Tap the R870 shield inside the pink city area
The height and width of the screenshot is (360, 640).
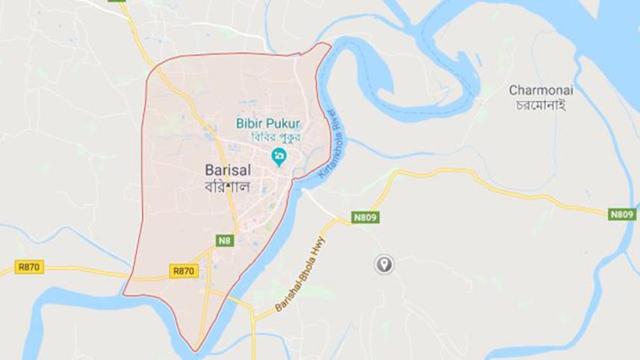click(x=184, y=271)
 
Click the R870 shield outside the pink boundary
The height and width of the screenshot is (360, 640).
click(x=29, y=267)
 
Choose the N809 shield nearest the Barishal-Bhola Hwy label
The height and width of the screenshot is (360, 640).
click(x=366, y=217)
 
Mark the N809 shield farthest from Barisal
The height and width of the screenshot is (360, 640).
click(x=621, y=214)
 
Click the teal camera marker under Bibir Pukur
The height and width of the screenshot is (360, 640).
click(x=279, y=156)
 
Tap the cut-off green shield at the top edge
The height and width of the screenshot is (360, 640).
click(x=116, y=2)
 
